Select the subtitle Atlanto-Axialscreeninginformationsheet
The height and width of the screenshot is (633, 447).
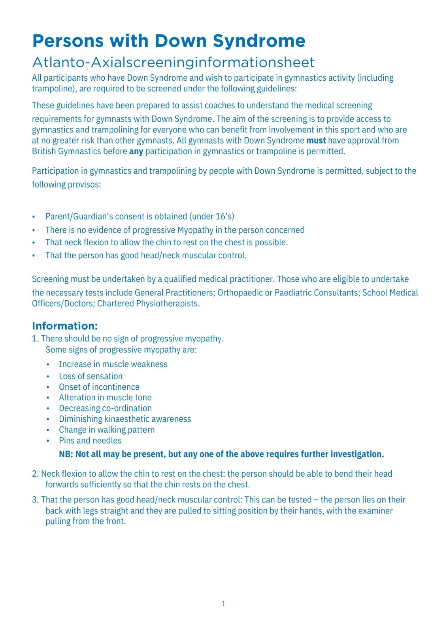174,63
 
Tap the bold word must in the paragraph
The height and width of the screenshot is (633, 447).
316,140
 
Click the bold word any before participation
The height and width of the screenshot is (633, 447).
136,151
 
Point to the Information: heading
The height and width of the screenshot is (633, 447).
65,326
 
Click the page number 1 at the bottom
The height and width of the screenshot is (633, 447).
223,604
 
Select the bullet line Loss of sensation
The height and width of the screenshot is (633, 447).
91,376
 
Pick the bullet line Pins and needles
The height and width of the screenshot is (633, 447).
90,441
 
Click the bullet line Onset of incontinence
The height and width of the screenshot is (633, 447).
99,387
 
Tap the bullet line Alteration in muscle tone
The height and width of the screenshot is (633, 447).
105,398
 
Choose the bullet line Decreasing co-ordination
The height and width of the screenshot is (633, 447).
105,408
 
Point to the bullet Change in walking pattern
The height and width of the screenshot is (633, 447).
107,430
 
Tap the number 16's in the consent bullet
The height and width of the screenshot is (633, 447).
224,216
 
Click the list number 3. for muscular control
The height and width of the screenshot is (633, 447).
36,500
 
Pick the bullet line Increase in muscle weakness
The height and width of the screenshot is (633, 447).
113,364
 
